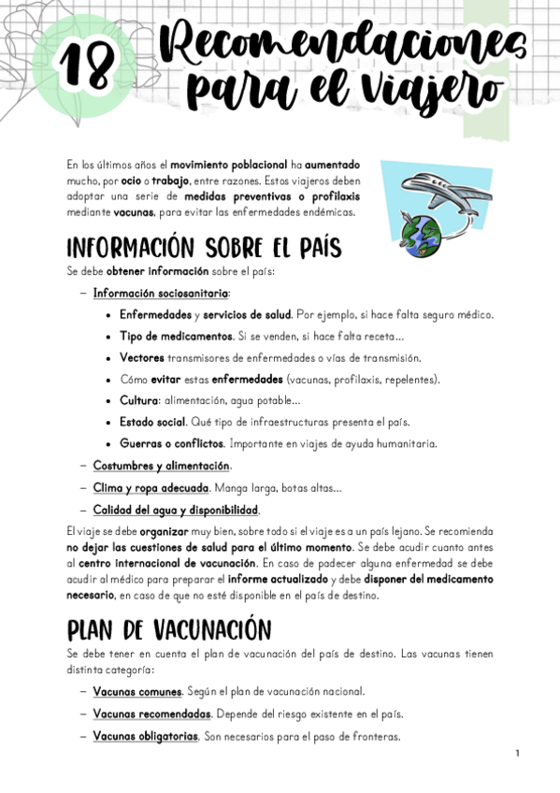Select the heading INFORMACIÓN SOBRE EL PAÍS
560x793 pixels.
point(204,249)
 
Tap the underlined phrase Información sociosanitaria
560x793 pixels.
point(161,294)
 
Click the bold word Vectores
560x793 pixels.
point(141,358)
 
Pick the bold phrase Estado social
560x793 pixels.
point(152,423)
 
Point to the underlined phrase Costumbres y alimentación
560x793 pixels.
point(162,466)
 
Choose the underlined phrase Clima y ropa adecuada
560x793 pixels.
point(151,487)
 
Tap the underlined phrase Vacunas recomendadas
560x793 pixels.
point(151,714)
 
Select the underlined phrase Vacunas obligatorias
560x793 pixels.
point(145,736)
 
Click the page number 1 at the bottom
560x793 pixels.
point(515,753)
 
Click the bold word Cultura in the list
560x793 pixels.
point(138,401)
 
